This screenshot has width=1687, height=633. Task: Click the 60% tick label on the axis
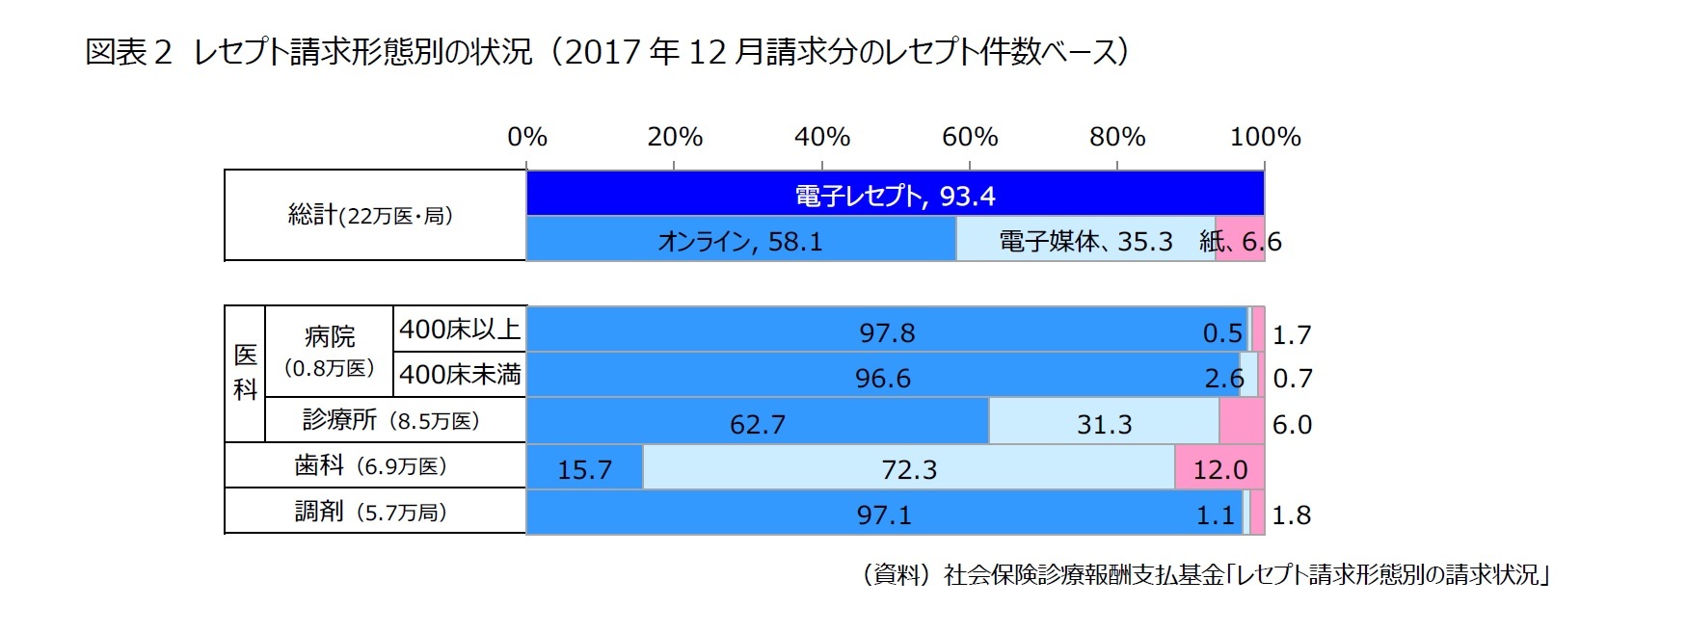click(969, 137)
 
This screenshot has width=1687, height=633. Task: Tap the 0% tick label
click(527, 137)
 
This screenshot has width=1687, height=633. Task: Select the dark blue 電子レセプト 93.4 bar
click(895, 195)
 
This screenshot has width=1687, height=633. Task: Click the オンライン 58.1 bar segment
click(740, 240)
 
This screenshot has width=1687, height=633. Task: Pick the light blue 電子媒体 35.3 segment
click(1084, 240)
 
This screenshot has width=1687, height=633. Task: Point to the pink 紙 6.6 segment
click(1240, 240)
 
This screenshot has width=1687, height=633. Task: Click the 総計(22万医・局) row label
click(370, 215)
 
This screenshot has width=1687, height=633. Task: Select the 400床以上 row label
click(460, 330)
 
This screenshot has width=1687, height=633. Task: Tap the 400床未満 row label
click(460, 374)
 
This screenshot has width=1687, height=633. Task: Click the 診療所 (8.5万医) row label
click(391, 420)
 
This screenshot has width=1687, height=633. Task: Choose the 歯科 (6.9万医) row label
click(370, 465)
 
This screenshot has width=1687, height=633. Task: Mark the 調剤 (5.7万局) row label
click(370, 511)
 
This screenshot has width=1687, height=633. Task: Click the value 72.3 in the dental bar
click(908, 469)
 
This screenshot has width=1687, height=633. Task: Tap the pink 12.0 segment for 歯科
click(1219, 469)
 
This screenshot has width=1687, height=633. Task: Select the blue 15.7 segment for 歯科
click(584, 469)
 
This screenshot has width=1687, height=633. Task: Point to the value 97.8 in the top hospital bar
click(887, 333)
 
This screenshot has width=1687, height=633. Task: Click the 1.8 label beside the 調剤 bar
click(1291, 515)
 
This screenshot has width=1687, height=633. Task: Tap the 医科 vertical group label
click(245, 372)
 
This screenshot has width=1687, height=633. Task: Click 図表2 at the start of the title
click(128, 52)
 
